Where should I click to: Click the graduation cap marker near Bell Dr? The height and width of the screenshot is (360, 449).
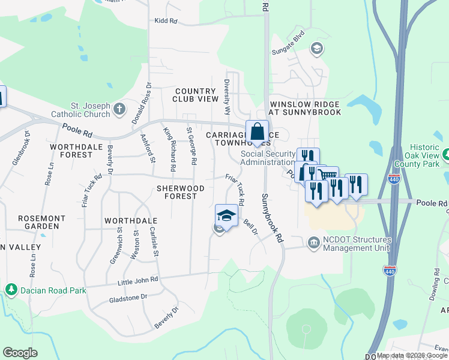click(x=226, y=215)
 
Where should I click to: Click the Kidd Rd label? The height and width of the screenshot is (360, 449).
click(x=166, y=21)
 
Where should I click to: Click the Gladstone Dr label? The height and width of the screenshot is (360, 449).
click(x=128, y=297)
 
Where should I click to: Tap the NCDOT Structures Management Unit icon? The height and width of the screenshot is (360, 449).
click(x=313, y=243)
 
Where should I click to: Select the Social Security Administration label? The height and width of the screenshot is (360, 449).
click(x=268, y=158)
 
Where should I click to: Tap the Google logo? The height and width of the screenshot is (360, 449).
click(x=20, y=353)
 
